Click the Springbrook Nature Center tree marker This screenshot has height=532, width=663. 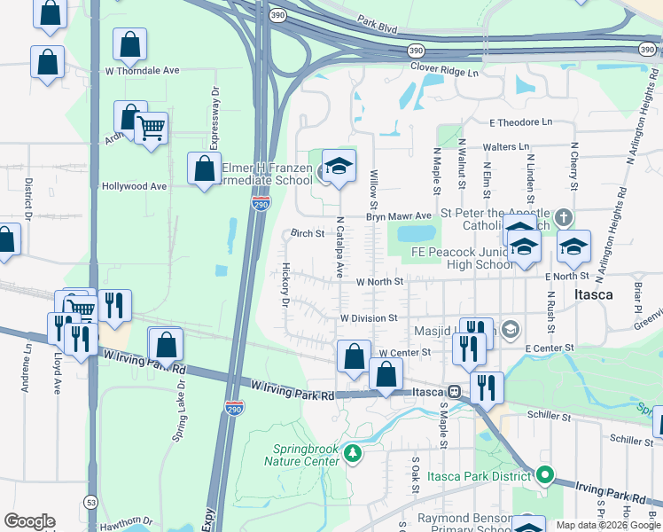coord(354,454)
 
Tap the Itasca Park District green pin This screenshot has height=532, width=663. coord(546,476)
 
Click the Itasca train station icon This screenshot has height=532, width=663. coord(454,391)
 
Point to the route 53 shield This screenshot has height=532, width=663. coord(92,497)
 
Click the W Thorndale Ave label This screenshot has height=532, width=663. coord(142,70)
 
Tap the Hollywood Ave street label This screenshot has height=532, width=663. coord(134,186)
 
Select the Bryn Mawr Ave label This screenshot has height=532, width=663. coord(399,216)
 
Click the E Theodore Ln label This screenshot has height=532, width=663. coord(519,121)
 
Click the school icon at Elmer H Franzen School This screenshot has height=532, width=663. coord(338,166)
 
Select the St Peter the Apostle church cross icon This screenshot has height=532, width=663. coord(563,217)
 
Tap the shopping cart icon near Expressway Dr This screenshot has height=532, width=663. coord(151,129)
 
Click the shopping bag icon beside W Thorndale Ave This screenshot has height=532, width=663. coord(129,44)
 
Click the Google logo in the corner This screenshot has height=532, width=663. coord(29,521)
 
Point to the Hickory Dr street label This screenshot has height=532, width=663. coord(285,284)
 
